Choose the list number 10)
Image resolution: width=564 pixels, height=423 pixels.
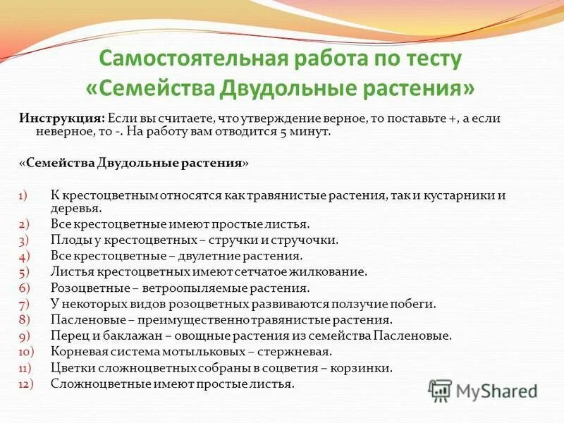click(x=26, y=351)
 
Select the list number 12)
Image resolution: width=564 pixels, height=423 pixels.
click(x=26, y=384)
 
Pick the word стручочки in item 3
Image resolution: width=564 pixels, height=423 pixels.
click(x=308, y=240)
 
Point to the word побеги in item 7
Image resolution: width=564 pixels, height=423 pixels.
click(x=412, y=305)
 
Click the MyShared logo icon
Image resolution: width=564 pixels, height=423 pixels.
click(x=440, y=390)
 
